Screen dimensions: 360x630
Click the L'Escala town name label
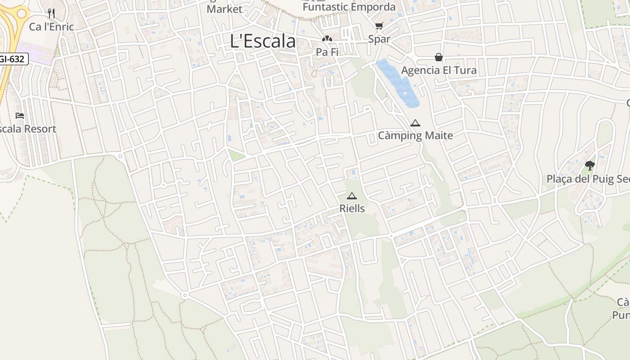point(263,41)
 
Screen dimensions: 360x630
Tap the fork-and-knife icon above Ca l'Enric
point(51,13)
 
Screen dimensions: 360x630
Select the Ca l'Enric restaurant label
point(51,27)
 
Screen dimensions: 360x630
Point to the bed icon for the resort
point(20,116)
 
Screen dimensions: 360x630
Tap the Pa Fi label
point(327,52)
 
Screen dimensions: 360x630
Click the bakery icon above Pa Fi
point(327,39)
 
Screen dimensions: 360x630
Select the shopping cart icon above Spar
point(379,26)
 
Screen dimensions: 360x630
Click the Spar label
point(379,39)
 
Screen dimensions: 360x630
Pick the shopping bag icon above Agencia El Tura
point(439,57)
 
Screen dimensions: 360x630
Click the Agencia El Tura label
point(439,70)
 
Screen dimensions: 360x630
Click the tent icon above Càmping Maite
point(415,123)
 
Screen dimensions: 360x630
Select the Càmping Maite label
point(415,135)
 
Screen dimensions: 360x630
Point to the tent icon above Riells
point(351,196)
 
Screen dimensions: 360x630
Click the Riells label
point(352,209)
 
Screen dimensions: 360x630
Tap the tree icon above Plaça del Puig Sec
point(590,166)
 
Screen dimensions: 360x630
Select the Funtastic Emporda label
point(349,7)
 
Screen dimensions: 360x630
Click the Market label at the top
point(224,9)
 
